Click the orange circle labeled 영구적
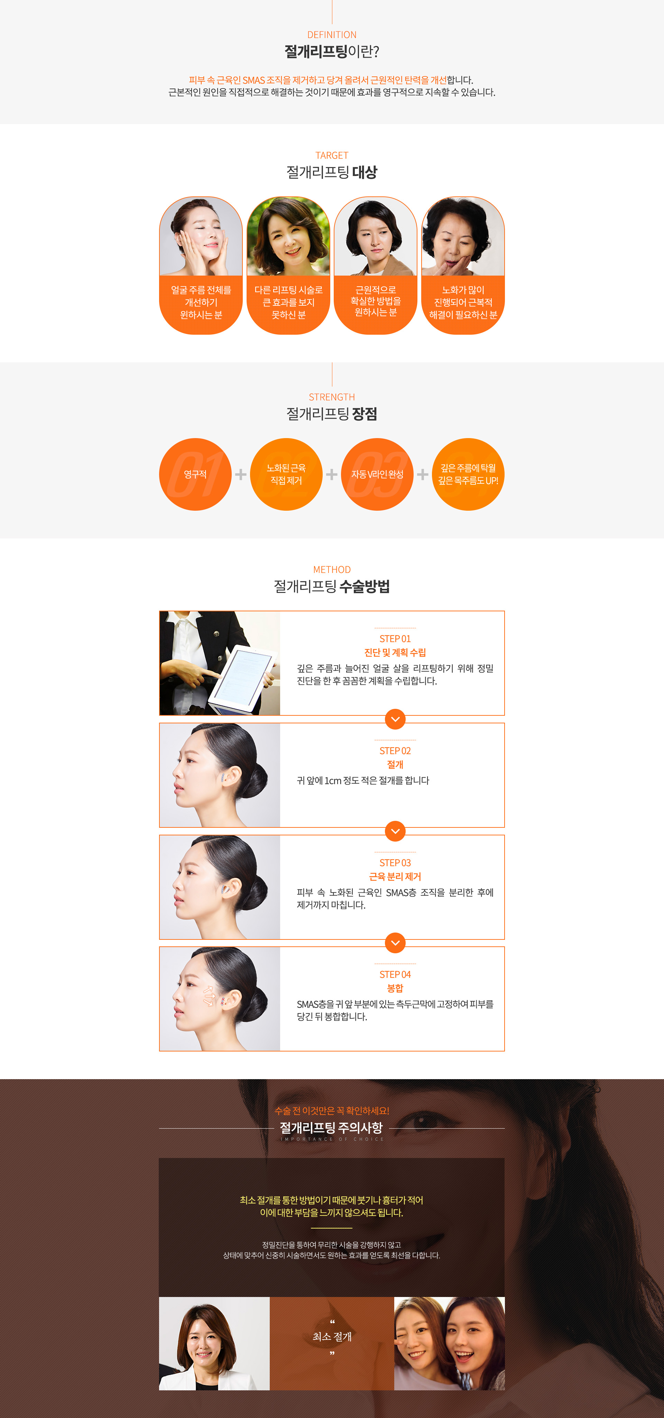point(195,474)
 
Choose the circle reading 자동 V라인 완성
point(377,474)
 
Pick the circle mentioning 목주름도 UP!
point(468,474)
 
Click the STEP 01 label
point(395,639)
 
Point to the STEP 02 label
point(395,751)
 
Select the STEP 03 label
point(395,863)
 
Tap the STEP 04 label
point(395,974)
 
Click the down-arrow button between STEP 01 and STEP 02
point(395,719)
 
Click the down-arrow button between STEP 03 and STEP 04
point(395,943)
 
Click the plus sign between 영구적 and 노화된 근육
point(241,474)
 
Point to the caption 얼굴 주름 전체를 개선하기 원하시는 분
point(201,302)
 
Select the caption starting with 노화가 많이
point(463,302)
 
